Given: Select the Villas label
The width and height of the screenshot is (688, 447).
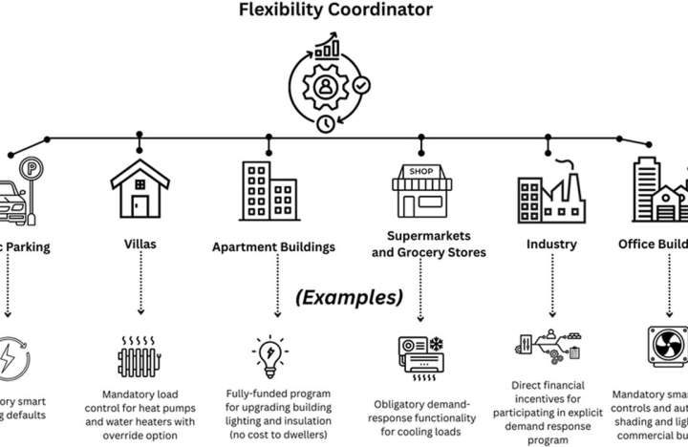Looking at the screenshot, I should coord(140,245).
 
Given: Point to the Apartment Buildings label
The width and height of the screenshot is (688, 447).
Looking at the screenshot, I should coord(273,246).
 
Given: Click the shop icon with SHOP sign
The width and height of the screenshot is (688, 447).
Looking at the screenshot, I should coord(420,191).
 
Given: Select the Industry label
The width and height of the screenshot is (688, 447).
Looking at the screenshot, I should coord(551,245).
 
